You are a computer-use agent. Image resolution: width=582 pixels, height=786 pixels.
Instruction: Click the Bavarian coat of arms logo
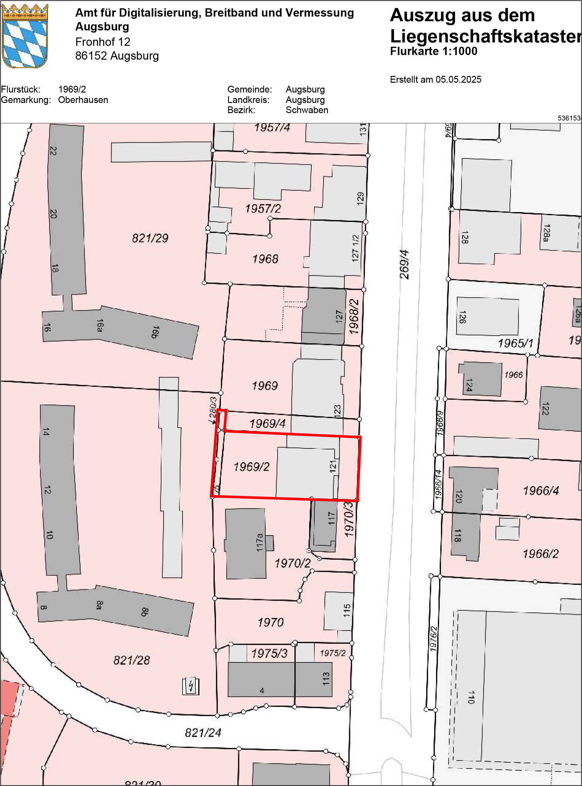pos(25,36)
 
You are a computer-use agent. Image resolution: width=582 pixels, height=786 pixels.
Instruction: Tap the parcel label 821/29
pos(150,238)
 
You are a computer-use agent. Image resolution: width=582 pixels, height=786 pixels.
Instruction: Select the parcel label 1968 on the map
pos(265,259)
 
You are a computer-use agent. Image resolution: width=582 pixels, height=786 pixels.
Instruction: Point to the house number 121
pos(333,467)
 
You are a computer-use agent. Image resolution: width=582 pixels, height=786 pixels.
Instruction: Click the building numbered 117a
pos(246,543)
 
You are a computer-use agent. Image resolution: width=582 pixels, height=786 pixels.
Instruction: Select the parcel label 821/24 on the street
pos(203,733)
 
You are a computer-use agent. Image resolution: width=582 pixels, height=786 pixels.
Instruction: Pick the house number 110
pos(471,697)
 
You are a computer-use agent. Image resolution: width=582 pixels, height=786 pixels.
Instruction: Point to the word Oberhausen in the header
pos(83,100)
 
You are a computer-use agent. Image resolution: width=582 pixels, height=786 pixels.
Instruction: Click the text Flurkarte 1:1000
pos(433,51)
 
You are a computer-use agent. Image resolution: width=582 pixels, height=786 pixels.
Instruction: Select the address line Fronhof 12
pos(103,42)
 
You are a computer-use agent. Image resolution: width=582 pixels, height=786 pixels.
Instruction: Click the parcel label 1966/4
pos(541,491)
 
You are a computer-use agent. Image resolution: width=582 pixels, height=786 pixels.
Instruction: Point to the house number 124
pos(469,385)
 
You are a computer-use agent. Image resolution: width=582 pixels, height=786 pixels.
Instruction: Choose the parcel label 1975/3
pos(269,654)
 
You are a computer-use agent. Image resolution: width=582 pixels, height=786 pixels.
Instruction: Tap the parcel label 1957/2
pos(263,209)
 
